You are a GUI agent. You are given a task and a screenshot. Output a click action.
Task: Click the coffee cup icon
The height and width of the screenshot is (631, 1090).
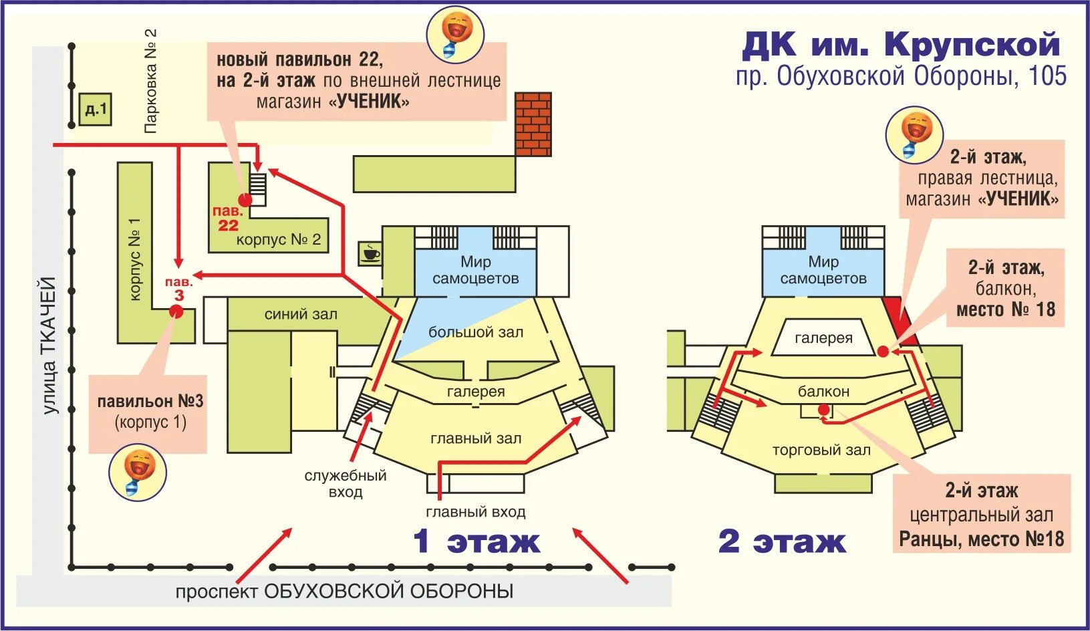370,253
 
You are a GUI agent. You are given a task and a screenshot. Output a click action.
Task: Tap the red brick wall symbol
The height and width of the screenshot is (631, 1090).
533,124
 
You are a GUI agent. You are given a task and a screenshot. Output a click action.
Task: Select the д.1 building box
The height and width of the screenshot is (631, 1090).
96,109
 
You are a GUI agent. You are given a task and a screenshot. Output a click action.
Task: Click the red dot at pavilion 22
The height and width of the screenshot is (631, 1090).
245,199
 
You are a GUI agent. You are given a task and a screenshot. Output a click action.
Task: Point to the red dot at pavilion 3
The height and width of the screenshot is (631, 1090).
176,311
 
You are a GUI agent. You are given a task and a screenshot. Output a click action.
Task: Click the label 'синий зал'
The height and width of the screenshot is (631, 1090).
301,314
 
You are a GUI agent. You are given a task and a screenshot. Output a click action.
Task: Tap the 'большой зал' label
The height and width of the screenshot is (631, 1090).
476,332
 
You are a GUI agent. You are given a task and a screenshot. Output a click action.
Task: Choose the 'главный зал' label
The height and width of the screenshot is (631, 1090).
476,438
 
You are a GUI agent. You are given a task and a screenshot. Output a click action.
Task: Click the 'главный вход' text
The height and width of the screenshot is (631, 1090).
476,512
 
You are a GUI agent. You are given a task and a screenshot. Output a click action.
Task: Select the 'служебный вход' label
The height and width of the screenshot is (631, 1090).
346,484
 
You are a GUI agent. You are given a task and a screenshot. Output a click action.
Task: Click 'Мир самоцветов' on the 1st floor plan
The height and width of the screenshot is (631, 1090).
476,270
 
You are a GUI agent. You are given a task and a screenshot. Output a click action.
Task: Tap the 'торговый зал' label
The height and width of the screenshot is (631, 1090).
821,451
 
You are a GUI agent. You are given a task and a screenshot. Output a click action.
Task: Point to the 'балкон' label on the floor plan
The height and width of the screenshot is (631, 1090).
823,392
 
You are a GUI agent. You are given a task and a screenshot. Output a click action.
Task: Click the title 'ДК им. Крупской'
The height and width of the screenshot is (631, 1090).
901,45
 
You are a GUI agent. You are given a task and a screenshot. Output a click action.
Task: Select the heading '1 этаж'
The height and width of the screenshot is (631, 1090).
476,541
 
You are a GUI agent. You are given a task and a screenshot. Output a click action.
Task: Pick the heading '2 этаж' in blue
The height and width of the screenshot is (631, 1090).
782,541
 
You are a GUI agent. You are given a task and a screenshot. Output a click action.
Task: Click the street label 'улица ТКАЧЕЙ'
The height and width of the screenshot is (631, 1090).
49,346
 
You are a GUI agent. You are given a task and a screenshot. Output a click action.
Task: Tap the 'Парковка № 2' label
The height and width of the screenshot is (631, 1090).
151,81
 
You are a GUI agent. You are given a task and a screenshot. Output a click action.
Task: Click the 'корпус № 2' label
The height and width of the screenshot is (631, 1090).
279,239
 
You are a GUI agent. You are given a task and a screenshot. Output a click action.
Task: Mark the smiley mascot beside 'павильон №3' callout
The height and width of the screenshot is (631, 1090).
138,472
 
